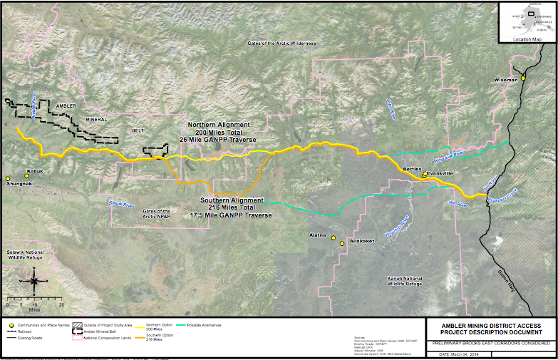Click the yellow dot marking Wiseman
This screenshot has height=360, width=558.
pos(523,78)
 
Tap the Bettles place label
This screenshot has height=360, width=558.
pos(413,170)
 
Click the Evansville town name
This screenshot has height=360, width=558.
pos(439,173)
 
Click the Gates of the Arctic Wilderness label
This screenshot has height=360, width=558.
pos(281,43)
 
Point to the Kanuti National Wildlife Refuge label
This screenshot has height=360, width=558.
pos(404,280)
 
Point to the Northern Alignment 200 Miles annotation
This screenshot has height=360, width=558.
pos(221,132)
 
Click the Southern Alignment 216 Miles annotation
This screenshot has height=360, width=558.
pos(232,207)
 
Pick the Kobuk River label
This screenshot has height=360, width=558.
pos(121,205)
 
